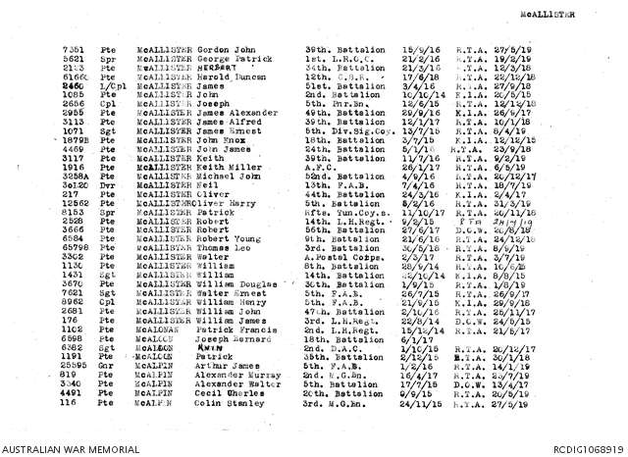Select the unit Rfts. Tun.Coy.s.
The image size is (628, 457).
(345, 211)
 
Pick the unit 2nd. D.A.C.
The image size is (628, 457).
(330, 348)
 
